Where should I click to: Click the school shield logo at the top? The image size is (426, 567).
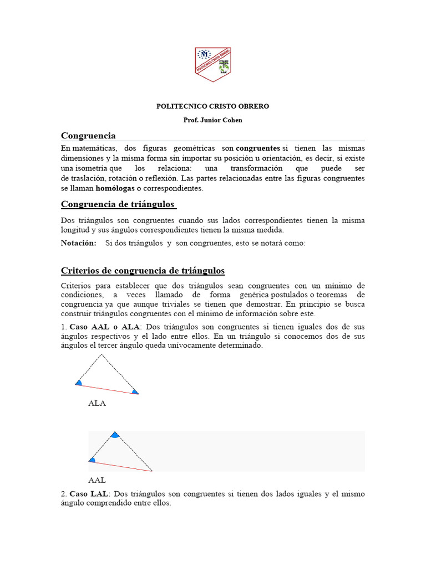point(212,64)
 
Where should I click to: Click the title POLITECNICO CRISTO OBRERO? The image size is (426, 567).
point(212,106)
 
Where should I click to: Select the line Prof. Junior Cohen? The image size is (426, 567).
point(212,120)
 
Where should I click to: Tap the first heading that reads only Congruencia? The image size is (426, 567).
point(88,136)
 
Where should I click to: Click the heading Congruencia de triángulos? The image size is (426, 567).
point(118,204)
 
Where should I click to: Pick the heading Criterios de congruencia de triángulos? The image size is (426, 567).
point(143,271)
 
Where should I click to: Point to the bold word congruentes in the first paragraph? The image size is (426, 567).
point(258,149)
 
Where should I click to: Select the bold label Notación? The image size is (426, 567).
point(78,243)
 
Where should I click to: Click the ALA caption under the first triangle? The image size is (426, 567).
point(97,404)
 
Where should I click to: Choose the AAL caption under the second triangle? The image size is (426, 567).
point(97,481)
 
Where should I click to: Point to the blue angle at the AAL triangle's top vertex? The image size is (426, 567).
point(115,435)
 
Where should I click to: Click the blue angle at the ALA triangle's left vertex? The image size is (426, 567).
point(79,382)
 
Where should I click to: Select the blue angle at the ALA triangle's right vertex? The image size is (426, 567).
point(135,392)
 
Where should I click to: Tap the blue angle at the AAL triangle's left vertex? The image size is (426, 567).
point(92,460)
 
